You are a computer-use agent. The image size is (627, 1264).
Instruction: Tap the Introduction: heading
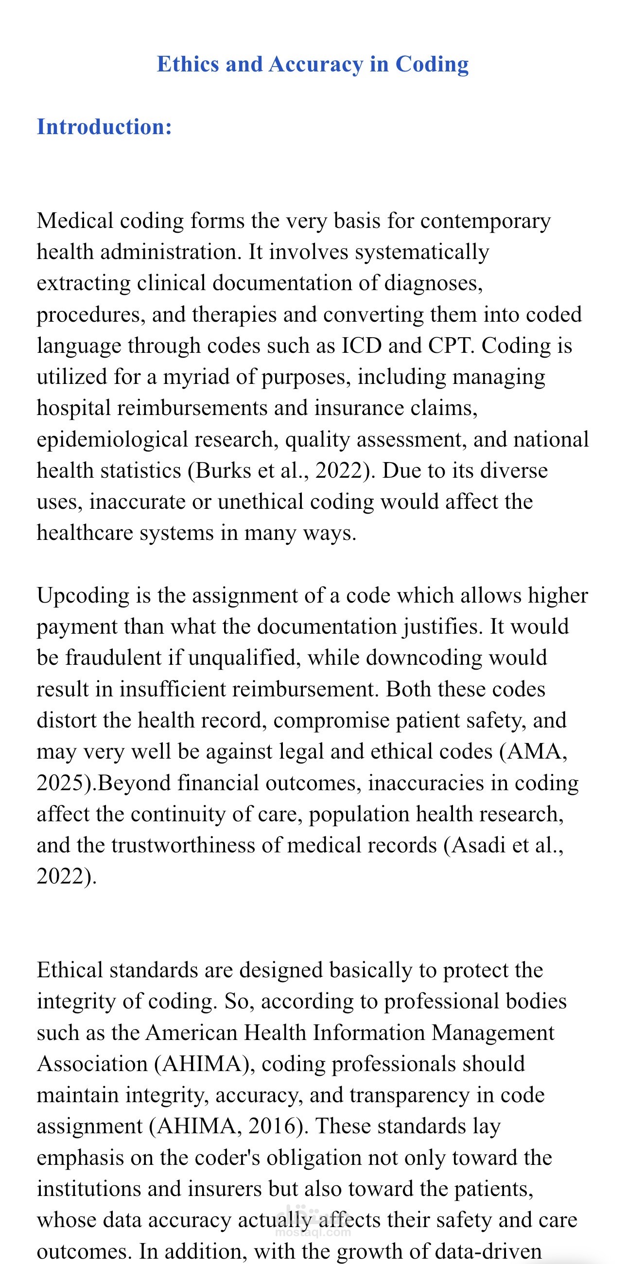(104, 127)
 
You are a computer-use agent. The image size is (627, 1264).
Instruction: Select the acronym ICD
(361, 346)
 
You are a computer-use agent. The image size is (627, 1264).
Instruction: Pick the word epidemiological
(112, 440)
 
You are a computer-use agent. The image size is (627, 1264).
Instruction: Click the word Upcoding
(83, 596)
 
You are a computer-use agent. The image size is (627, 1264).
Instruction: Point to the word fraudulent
(113, 658)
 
